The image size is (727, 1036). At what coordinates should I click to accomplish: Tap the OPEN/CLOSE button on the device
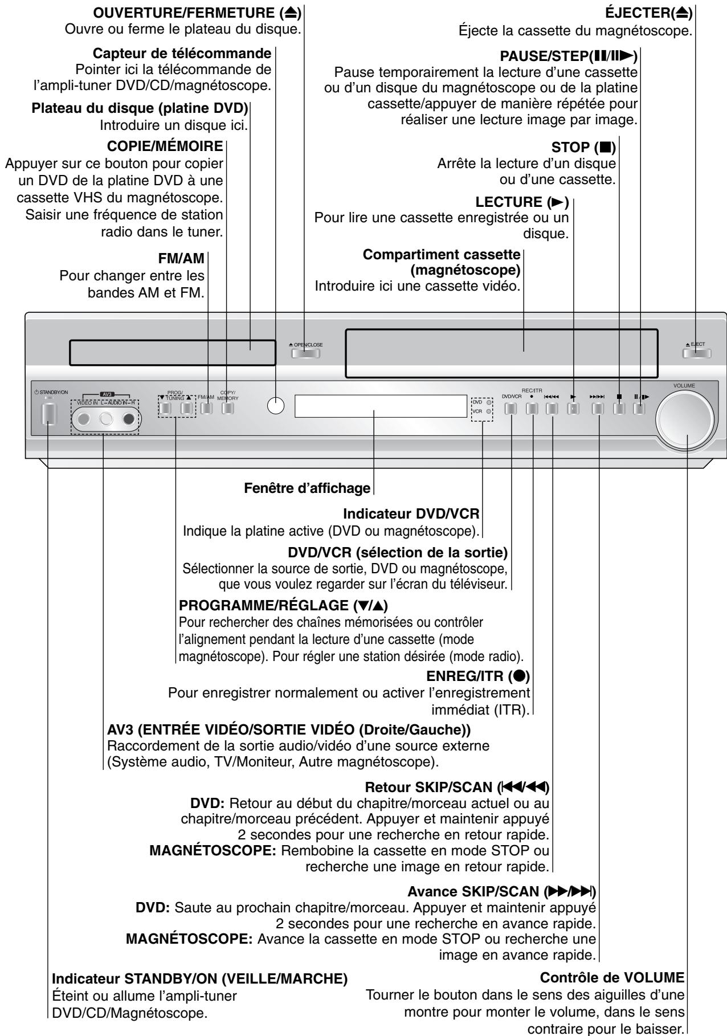pos(305,353)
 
